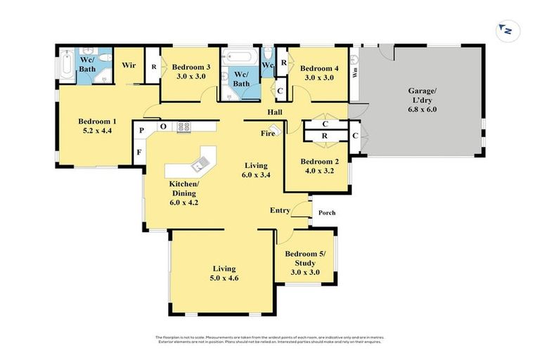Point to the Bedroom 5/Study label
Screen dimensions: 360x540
tap(305, 258)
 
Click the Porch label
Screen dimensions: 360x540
tap(327, 213)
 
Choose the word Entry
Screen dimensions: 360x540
tap(281, 210)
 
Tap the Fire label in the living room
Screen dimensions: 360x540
tap(267, 132)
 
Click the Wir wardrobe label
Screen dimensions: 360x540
tap(129, 65)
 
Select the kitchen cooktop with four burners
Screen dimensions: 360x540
tap(184, 127)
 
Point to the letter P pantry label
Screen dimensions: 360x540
tap(141, 130)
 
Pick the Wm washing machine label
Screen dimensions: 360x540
tap(355, 71)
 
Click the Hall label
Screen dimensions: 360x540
tap(275, 112)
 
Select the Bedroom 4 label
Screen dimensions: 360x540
tap(319, 68)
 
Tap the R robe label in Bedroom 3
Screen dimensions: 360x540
tap(153, 67)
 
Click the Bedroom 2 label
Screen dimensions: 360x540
tap(319, 161)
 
